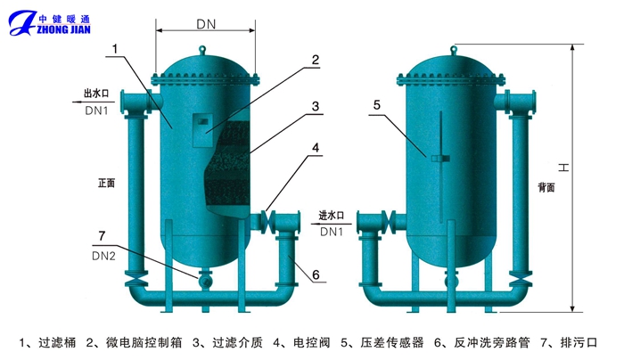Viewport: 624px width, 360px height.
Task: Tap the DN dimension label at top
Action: pos(206,26)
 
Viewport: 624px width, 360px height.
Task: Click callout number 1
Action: pos(113,49)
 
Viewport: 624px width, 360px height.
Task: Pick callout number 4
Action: pos(316,148)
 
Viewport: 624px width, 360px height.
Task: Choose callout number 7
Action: pos(101,235)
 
